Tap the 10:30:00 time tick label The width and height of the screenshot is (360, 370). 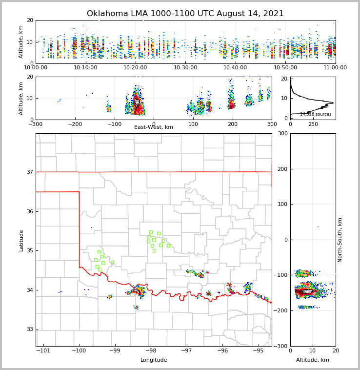pyautogui.click(x=185, y=68)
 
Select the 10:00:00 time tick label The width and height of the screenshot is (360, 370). pyautogui.click(x=36, y=68)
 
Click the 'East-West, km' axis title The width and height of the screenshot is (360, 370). pyautogui.click(x=153, y=127)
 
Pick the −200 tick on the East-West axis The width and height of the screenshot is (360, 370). pyautogui.click(x=75, y=124)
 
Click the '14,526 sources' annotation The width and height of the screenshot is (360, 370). pyautogui.click(x=316, y=114)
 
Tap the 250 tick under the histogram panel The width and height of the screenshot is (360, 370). pyautogui.click(x=313, y=124)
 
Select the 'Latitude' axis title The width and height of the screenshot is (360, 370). pyautogui.click(x=21, y=240)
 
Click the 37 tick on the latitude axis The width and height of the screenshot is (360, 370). pyautogui.click(x=30, y=172)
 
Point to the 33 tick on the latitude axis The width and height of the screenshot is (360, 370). pyautogui.click(x=30, y=329)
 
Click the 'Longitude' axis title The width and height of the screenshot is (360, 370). pyautogui.click(x=154, y=360)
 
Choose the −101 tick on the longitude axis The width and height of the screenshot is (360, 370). pyautogui.click(x=43, y=350)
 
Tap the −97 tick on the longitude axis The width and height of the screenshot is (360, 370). pyautogui.click(x=186, y=350)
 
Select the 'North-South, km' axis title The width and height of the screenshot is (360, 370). pyautogui.click(x=340, y=240)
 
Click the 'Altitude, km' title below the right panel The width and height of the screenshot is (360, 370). pyautogui.click(x=313, y=360)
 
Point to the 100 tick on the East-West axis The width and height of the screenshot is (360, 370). pyautogui.click(x=193, y=124)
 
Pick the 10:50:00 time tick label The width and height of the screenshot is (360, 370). pyautogui.click(x=285, y=68)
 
